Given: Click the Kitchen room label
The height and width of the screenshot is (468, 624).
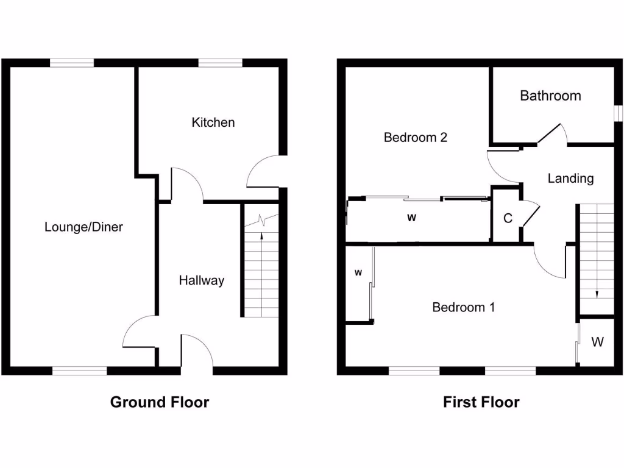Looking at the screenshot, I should [213, 122].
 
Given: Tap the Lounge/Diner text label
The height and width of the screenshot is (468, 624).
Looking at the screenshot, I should [83, 227].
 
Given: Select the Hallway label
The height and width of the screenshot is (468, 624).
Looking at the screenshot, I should [201, 280].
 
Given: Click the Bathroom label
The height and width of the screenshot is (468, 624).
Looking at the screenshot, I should [550, 96].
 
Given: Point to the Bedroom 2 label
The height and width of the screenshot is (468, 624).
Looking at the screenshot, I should [415, 137].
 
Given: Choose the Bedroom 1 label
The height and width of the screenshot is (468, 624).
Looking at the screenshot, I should [463, 307].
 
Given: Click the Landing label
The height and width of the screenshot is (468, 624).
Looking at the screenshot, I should [570, 179].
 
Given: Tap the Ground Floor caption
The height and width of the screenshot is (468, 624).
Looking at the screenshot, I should [160, 402].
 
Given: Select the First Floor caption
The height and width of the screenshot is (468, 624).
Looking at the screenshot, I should [481, 402].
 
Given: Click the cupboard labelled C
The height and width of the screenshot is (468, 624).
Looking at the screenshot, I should [507, 218].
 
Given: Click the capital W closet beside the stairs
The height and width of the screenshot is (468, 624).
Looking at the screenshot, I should [597, 342].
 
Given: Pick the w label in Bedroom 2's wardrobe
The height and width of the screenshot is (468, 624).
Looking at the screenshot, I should [411, 218].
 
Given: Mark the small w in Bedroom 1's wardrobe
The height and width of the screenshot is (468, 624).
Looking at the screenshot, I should [358, 272].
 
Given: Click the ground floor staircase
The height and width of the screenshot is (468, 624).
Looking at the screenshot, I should [261, 268].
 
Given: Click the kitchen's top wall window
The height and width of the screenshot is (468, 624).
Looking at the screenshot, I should [221, 62].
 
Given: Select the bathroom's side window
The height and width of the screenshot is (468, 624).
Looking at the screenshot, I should [617, 113].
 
